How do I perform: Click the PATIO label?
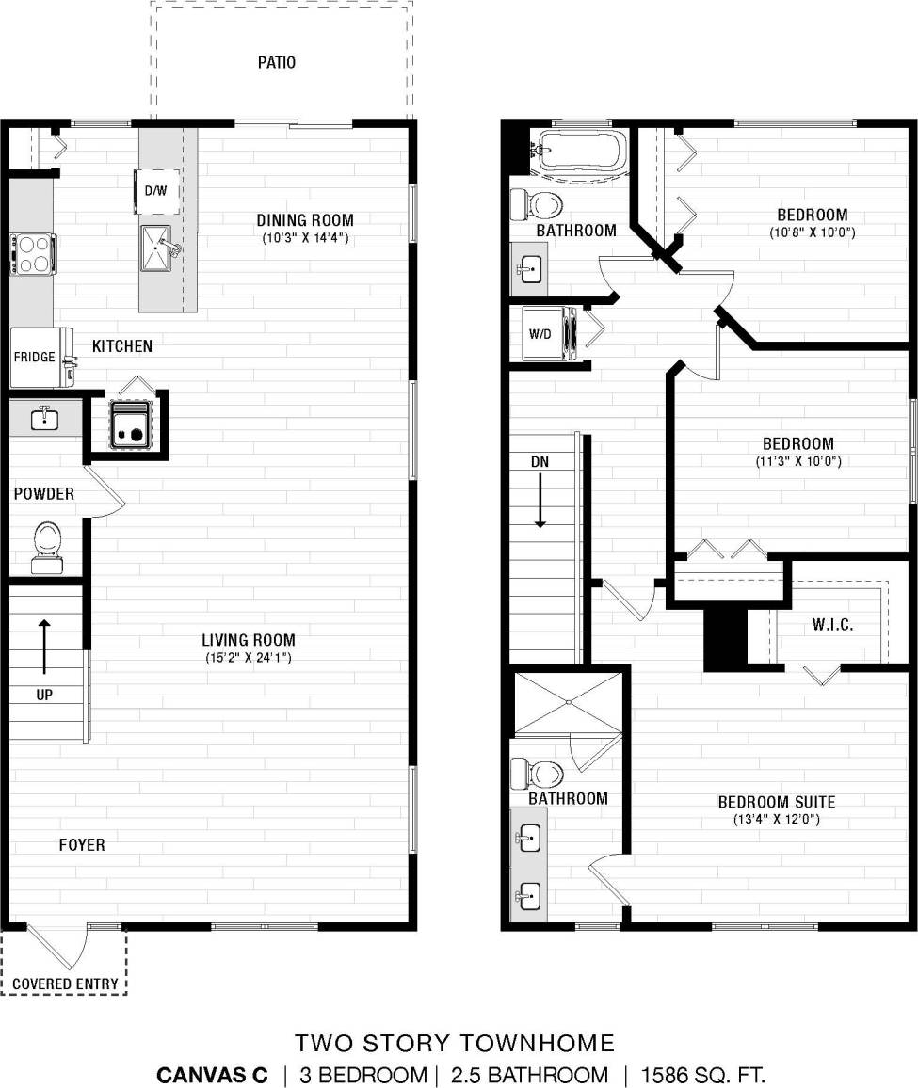tap(277, 63)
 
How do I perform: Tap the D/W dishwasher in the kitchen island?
tap(155, 191)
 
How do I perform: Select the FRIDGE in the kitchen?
tap(35, 358)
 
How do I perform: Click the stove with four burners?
tap(33, 254)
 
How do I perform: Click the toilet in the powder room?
tap(44, 546)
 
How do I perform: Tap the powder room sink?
tap(43, 418)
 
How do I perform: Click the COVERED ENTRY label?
tap(65, 984)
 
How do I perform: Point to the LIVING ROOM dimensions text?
tap(249, 657)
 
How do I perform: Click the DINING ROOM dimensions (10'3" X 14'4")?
tap(306, 239)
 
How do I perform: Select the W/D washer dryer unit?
tap(543, 333)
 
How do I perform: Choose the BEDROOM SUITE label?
tap(777, 802)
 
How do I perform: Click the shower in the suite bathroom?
tap(569, 701)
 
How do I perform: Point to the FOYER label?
tap(82, 845)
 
